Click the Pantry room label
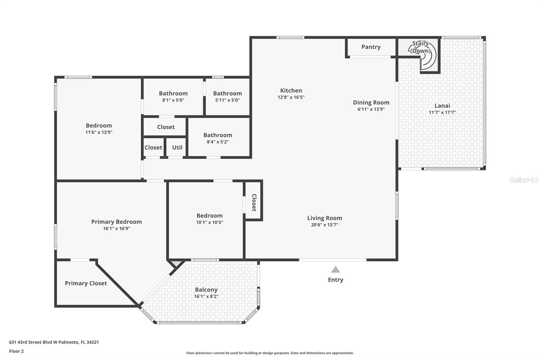click(x=371, y=47)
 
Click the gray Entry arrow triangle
click(x=335, y=269)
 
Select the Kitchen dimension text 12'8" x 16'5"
click(x=291, y=97)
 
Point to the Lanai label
click(x=442, y=106)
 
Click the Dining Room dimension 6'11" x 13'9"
click(x=371, y=109)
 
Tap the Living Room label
click(x=324, y=218)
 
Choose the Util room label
click(x=177, y=148)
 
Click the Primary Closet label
click(x=86, y=283)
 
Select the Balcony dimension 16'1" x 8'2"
click(x=206, y=296)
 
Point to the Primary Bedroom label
click(x=116, y=222)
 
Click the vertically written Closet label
click(x=254, y=203)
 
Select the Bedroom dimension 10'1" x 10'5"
click(x=210, y=222)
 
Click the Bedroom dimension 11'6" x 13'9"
click(x=99, y=132)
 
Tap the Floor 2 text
click(x=17, y=351)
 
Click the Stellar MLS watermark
click(x=524, y=180)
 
